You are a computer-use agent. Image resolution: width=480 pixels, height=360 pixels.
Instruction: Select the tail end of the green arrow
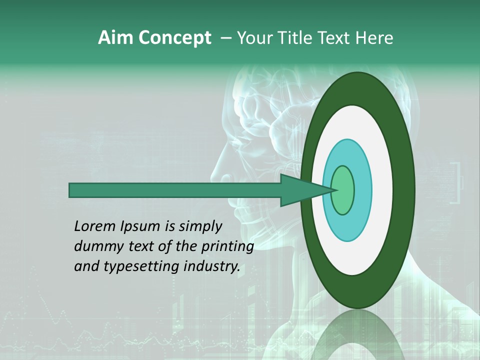[70, 190]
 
